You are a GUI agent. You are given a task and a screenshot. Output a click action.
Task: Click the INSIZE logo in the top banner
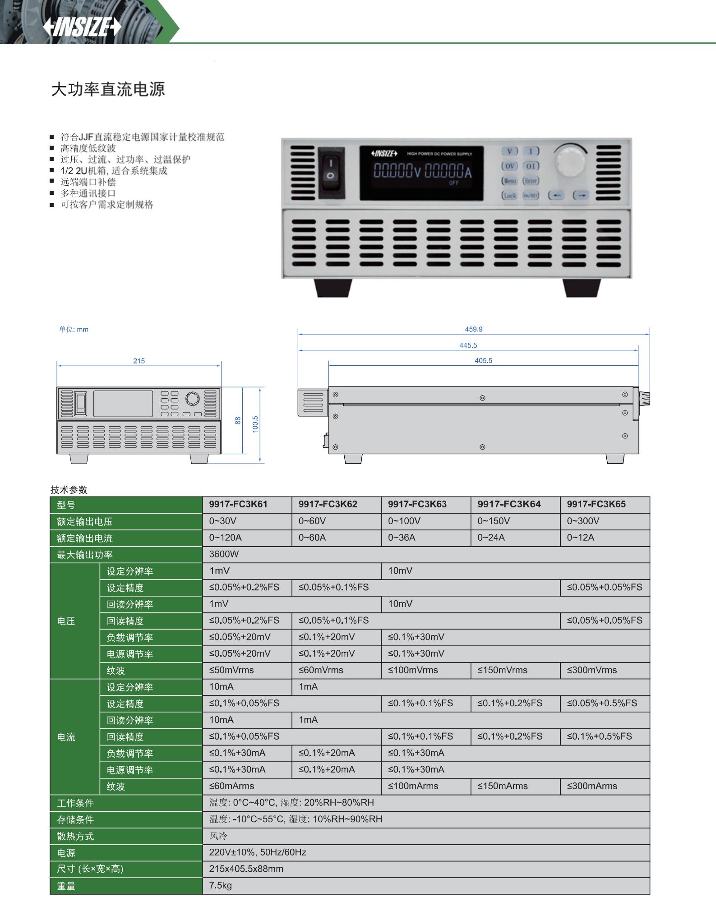coord(82,27)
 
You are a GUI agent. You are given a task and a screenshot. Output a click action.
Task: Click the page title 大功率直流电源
coord(108,89)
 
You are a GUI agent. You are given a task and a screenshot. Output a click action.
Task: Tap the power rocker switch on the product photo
coord(331,172)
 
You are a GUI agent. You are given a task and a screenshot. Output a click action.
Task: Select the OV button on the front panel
coord(509,166)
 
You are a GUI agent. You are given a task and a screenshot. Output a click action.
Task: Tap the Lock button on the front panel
coord(509,195)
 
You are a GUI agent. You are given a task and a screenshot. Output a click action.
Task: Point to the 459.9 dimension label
coord(474,329)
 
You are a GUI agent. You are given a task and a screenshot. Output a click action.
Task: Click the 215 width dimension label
coord(139,361)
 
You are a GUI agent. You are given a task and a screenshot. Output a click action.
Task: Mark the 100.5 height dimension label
coord(255,424)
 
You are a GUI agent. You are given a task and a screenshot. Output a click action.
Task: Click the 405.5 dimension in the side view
coord(484,361)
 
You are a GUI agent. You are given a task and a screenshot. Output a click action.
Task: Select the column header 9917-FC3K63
coord(417,504)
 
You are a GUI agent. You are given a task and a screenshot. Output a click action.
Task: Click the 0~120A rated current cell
coord(225,538)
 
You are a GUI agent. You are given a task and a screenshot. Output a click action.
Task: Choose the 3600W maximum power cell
coord(224,554)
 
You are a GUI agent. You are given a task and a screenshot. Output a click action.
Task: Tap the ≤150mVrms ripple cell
coord(503,670)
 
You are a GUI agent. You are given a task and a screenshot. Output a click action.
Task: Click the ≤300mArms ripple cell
coord(592,786)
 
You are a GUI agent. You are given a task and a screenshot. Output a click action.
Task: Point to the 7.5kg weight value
coord(220,886)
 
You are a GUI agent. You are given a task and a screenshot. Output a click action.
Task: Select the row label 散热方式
coord(75,836)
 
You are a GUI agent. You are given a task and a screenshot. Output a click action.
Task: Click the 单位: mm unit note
coord(74,330)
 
